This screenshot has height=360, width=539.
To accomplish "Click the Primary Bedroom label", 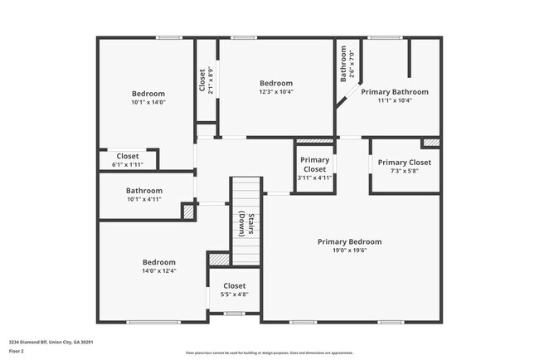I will coord(350,242).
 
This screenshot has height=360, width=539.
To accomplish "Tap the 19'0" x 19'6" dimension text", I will coord(350,251).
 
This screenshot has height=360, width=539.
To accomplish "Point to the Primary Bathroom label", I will coord(395,92).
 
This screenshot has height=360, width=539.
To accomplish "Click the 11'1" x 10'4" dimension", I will coord(395,101).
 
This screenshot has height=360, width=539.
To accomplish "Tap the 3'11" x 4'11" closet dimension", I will coord(314,178).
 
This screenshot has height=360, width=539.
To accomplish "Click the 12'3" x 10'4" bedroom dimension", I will coord(276,92).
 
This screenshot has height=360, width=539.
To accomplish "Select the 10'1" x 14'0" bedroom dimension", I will coord(148,103).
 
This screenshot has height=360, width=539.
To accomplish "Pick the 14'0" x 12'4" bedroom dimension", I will coord(158,270).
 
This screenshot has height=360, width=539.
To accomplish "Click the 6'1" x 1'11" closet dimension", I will coord(127,164).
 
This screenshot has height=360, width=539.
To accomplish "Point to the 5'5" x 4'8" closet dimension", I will coord(234,294).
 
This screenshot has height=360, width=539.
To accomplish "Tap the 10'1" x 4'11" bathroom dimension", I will coord(143,199).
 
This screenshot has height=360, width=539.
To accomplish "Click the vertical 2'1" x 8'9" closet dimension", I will coord(211,81).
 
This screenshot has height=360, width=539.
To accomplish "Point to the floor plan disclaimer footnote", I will coord(269,353).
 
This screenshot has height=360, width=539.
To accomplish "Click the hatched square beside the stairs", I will coord(218,260).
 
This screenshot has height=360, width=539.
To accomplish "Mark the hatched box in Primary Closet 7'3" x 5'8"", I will coord(430,143).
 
